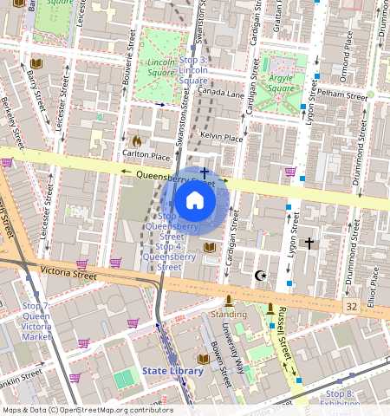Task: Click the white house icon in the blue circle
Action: click(x=195, y=201)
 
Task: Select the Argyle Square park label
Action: click(x=280, y=82)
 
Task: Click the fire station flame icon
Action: click(x=136, y=140)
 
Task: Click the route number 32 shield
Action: click(x=350, y=307)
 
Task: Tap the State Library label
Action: click(x=172, y=371)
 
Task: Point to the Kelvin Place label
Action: click(x=221, y=137)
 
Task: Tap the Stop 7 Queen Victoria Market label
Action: click(x=36, y=321)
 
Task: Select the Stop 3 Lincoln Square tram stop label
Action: click(x=193, y=70)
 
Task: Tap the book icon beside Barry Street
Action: click(x=36, y=63)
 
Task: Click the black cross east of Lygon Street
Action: click(x=309, y=245)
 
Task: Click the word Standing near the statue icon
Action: click(x=229, y=314)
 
